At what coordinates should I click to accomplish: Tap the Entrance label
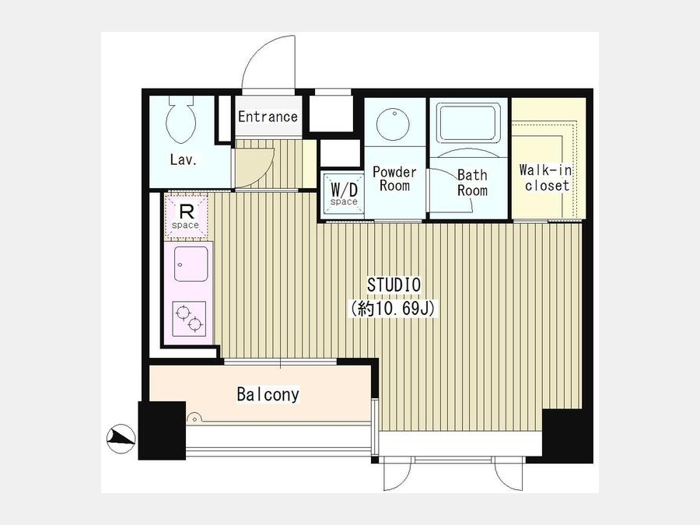(x=268, y=117)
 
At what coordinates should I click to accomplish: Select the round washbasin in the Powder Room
(x=393, y=124)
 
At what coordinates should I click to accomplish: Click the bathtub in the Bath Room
(x=468, y=123)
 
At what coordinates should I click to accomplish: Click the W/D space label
(x=344, y=194)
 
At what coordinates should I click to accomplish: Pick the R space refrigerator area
(x=186, y=216)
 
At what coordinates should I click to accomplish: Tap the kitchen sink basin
(x=191, y=264)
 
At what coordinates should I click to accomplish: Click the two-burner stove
(x=189, y=319)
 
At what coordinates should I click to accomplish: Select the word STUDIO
(x=394, y=285)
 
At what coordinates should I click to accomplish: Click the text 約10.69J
(x=393, y=309)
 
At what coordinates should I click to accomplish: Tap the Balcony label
(x=268, y=394)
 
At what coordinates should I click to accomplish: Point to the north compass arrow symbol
(x=121, y=438)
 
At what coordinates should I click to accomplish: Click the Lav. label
(x=184, y=159)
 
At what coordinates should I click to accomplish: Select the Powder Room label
(x=394, y=179)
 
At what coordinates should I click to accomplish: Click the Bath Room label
(x=472, y=183)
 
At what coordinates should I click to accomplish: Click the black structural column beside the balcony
(x=162, y=430)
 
